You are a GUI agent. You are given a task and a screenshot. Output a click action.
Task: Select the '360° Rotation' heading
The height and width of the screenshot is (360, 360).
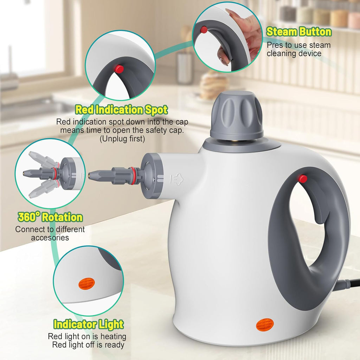(x=50, y=217)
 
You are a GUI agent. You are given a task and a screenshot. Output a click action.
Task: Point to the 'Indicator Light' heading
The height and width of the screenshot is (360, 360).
(x=89, y=324)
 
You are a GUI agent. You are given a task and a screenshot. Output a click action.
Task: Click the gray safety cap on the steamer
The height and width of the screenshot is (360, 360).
(x=237, y=116)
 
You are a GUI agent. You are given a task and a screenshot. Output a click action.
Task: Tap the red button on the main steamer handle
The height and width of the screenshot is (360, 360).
(x=302, y=179)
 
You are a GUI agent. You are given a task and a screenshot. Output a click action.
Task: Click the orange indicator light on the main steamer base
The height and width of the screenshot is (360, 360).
(x=265, y=325)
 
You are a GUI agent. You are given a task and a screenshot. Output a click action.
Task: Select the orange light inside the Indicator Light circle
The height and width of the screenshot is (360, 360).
(x=86, y=283)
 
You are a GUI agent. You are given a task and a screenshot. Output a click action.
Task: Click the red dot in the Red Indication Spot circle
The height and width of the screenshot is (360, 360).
(x=120, y=69)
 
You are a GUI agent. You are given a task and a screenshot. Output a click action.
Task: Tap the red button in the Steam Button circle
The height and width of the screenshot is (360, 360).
(x=204, y=30)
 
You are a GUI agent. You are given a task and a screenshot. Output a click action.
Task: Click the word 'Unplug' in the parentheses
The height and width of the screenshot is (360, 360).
(x=113, y=139)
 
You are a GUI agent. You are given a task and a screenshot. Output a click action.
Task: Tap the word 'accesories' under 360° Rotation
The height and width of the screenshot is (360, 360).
(x=50, y=238)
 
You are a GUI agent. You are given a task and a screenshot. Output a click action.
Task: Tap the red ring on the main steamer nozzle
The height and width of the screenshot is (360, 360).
(x=133, y=176)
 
